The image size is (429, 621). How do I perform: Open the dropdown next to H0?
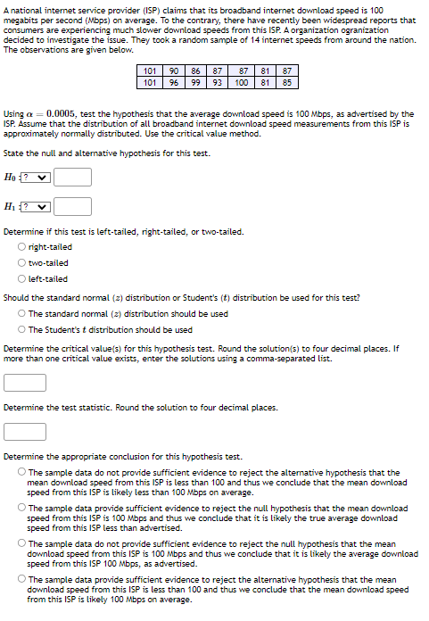(x=37, y=178)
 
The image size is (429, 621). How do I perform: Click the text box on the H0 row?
(x=73, y=178)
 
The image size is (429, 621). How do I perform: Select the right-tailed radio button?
(x=21, y=247)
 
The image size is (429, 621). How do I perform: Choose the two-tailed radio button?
(x=21, y=263)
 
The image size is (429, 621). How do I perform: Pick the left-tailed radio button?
(x=21, y=279)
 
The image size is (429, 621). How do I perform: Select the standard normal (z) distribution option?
(x=21, y=314)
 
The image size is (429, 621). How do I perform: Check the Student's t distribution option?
(x=21, y=329)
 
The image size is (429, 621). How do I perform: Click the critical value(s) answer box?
(x=25, y=383)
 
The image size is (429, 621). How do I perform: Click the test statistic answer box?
(x=25, y=432)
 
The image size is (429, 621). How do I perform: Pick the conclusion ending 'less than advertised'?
(x=21, y=508)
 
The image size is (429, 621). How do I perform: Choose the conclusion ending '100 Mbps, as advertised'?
(x=21, y=542)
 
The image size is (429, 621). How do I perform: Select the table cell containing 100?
(x=242, y=83)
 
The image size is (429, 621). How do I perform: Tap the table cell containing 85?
(x=286, y=83)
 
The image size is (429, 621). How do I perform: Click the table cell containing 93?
(x=217, y=83)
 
